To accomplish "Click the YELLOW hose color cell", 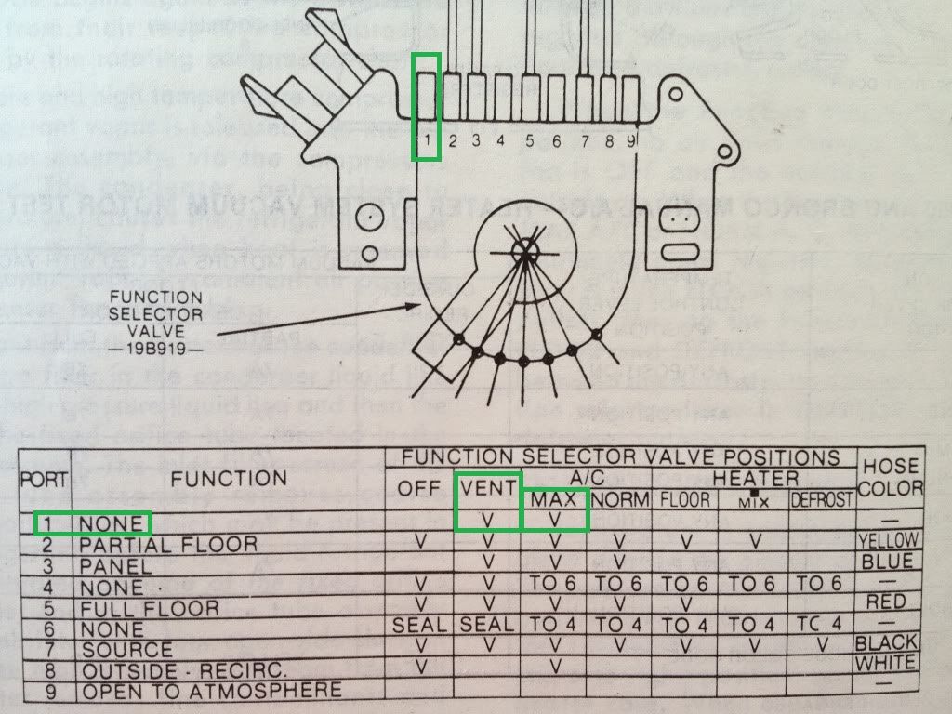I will (x=888, y=540).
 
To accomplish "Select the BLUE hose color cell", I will (x=888, y=562).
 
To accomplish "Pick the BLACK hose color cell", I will (x=887, y=642).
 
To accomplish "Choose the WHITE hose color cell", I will (x=887, y=663).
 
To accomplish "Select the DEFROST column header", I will (x=822, y=500).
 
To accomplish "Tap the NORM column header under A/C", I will (x=619, y=500).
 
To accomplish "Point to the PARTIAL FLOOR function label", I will (x=168, y=544).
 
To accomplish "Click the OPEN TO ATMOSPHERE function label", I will (x=212, y=691).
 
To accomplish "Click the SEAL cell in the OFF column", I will (x=419, y=626).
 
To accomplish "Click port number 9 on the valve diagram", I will (x=631, y=141).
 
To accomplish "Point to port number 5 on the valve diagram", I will (x=529, y=141).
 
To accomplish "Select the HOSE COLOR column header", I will (x=892, y=476).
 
